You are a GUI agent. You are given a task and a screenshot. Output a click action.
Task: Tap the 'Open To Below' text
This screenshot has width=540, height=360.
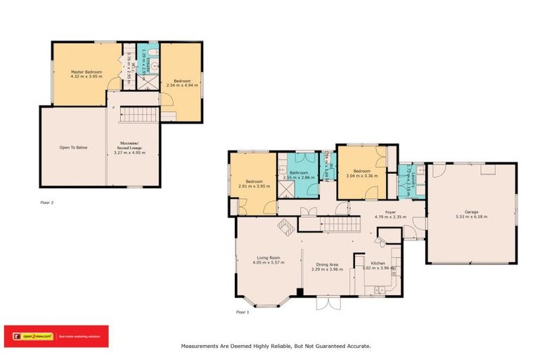tap(73, 148)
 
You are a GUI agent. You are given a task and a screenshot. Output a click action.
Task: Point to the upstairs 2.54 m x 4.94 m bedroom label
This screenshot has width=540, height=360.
tap(181, 82)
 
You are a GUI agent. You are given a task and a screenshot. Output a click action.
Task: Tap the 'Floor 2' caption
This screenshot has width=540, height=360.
tap(47, 202)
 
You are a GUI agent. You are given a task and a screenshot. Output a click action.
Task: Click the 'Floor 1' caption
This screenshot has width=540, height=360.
tap(243, 311)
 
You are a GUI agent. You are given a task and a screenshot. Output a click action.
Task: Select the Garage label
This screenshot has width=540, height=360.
tap(471, 212)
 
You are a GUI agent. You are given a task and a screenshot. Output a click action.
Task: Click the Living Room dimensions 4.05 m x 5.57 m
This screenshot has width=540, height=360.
tap(268, 262)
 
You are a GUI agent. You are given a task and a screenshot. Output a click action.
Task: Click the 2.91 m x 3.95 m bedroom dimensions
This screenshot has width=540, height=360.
tap(254, 186)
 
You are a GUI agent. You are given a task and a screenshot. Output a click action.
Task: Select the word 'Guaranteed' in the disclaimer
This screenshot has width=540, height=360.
tap(325, 346)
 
